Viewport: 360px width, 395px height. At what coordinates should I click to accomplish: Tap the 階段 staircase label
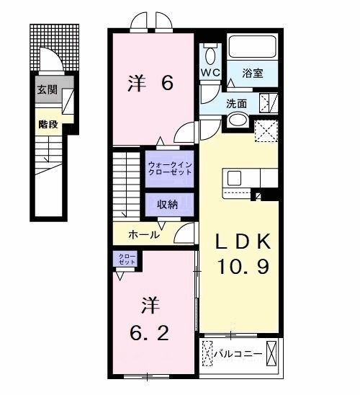tap(48, 123)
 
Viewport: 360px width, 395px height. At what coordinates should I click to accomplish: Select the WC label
tap(210, 73)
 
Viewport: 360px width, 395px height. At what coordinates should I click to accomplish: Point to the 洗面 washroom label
tap(236, 104)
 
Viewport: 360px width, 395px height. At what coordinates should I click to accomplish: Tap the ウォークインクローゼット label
tap(171, 169)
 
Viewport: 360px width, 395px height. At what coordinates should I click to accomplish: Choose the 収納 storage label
tap(168, 204)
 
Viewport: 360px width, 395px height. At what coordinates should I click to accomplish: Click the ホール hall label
tap(145, 234)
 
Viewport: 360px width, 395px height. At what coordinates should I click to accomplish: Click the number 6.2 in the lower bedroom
tap(150, 332)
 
